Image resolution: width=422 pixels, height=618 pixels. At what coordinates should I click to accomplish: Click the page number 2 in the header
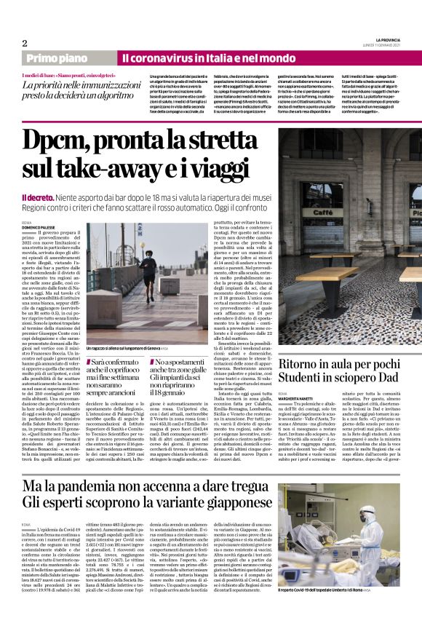click(24, 43)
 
